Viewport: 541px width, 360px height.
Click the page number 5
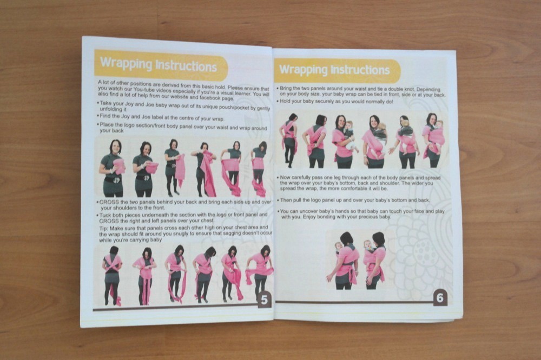pyautogui.click(x=265, y=300)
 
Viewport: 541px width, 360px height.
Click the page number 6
pyautogui.click(x=440, y=297)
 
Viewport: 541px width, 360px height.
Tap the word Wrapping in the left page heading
pyautogui.click(x=126, y=64)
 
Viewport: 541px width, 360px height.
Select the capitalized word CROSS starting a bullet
pyautogui.click(x=109, y=202)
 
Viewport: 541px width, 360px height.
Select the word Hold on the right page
pyautogui.click(x=285, y=102)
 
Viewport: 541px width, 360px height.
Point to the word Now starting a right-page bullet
pyautogui.click(x=285, y=178)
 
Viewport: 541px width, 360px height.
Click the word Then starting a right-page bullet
pyautogui.click(x=286, y=200)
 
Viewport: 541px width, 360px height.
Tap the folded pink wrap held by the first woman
pyautogui.click(x=118, y=166)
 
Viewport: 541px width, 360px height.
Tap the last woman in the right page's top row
pyautogui.click(x=433, y=140)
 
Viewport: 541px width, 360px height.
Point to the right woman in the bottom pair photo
pyautogui.click(x=375, y=261)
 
